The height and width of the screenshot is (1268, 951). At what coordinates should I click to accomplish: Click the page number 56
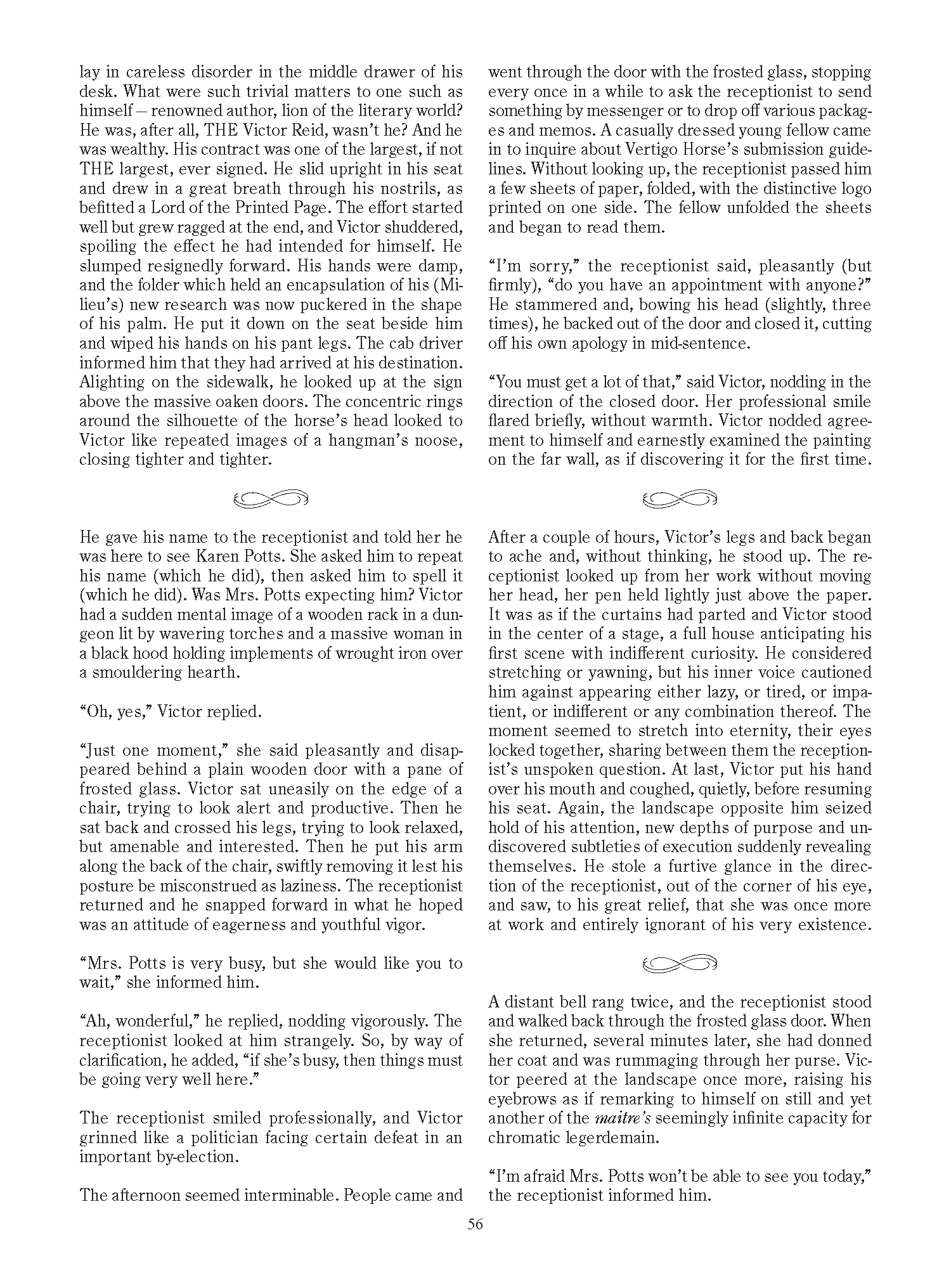pyautogui.click(x=475, y=1224)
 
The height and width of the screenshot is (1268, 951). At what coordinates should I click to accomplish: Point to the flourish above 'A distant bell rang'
pyautogui.click(x=680, y=963)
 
